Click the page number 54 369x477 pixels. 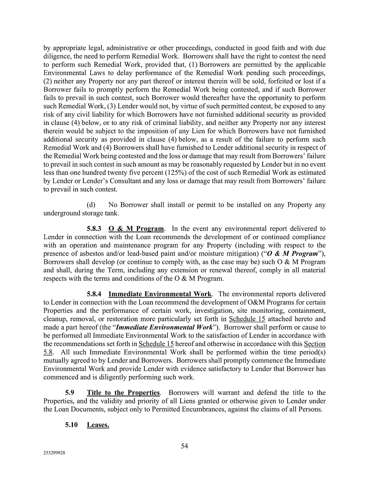[184, 446]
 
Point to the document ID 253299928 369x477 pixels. [54, 453]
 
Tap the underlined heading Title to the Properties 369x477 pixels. [123, 393]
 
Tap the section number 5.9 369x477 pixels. [69, 393]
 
